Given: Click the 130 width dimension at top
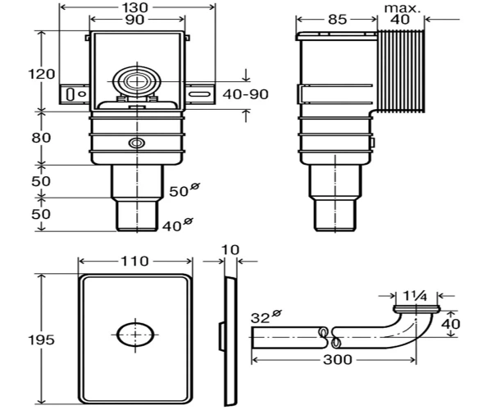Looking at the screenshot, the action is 138,7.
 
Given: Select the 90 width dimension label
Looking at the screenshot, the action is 135,20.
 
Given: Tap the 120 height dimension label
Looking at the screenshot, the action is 42,75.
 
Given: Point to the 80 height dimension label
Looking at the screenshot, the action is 41,138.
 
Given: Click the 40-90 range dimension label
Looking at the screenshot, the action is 245,94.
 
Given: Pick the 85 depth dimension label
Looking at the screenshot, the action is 338,20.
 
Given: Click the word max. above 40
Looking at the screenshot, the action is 403,8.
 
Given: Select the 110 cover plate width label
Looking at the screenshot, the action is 135,261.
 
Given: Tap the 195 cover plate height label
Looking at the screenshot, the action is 42,339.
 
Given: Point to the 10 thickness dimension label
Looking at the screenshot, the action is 230,250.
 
